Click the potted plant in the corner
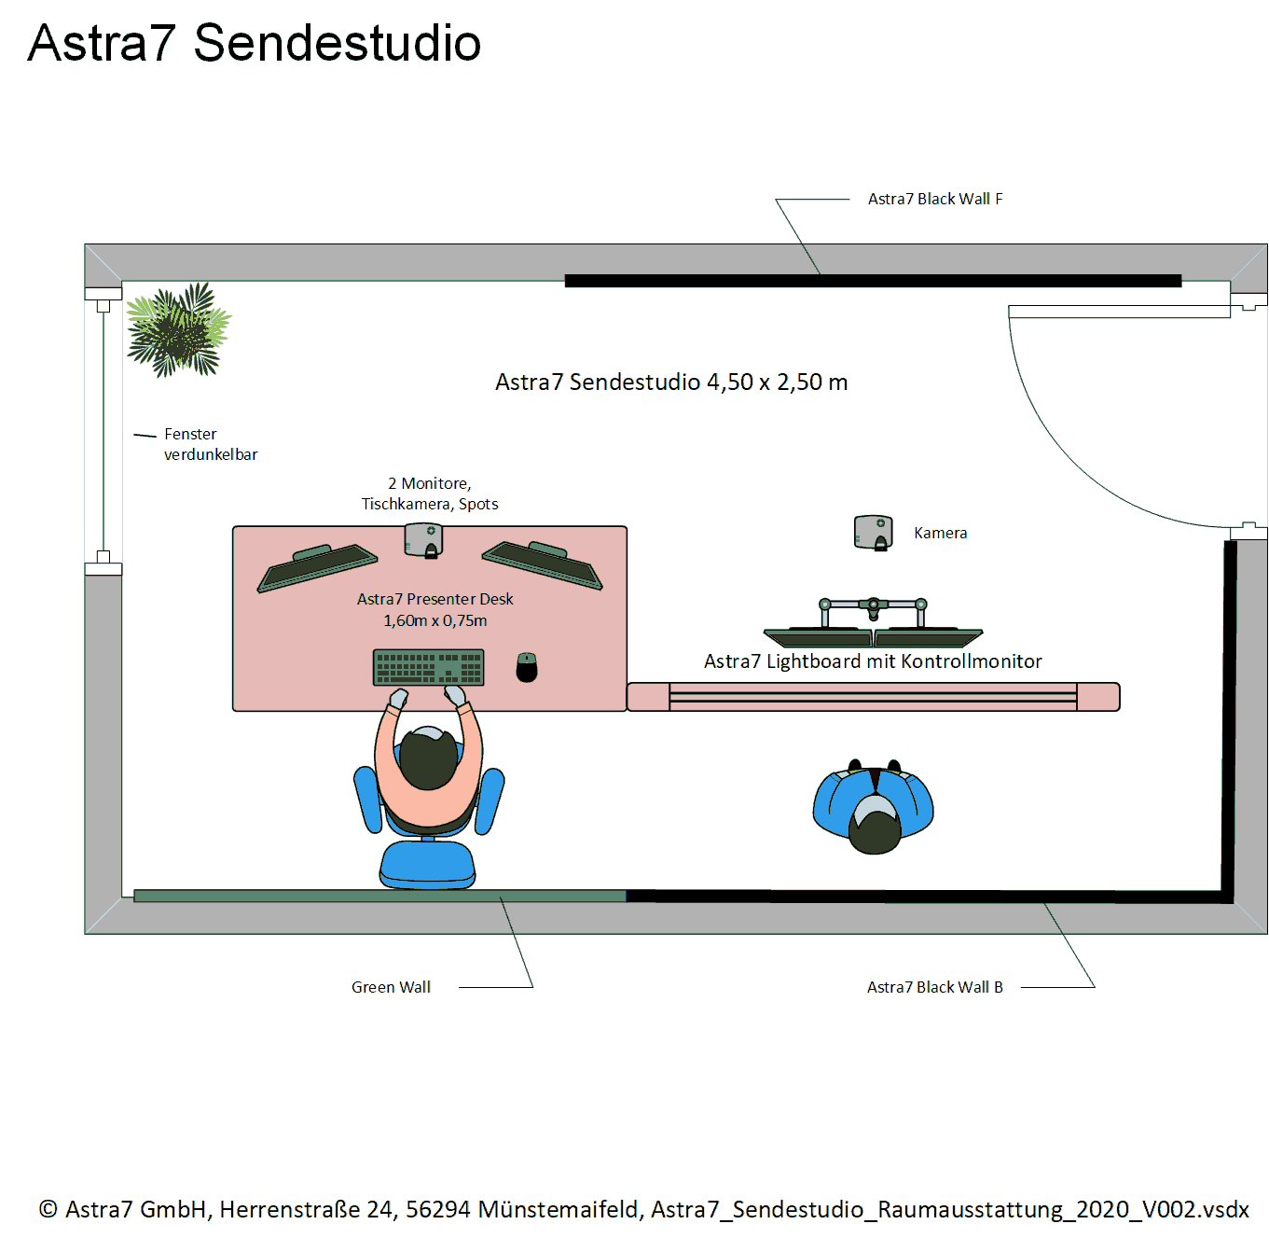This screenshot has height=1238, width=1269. click(x=177, y=329)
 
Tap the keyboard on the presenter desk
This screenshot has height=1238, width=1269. click(x=429, y=667)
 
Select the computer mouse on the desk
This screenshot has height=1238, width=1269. click(x=527, y=667)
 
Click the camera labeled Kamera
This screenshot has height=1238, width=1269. click(x=874, y=533)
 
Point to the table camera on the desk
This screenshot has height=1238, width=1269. click(x=423, y=540)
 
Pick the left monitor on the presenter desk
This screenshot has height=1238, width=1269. click(x=318, y=566)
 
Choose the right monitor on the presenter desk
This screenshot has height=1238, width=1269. click(x=543, y=563)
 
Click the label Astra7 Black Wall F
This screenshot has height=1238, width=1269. click(x=934, y=199)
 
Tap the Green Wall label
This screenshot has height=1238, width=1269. click(x=391, y=987)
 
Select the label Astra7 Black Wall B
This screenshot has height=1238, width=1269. click(x=934, y=987)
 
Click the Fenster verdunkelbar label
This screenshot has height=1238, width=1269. click(x=210, y=444)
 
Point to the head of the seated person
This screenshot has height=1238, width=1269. click(x=429, y=759)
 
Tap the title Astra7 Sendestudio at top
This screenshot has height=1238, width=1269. click(x=255, y=43)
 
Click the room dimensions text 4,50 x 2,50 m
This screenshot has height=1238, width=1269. click(x=777, y=383)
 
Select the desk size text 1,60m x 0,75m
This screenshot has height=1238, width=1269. click(x=434, y=620)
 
